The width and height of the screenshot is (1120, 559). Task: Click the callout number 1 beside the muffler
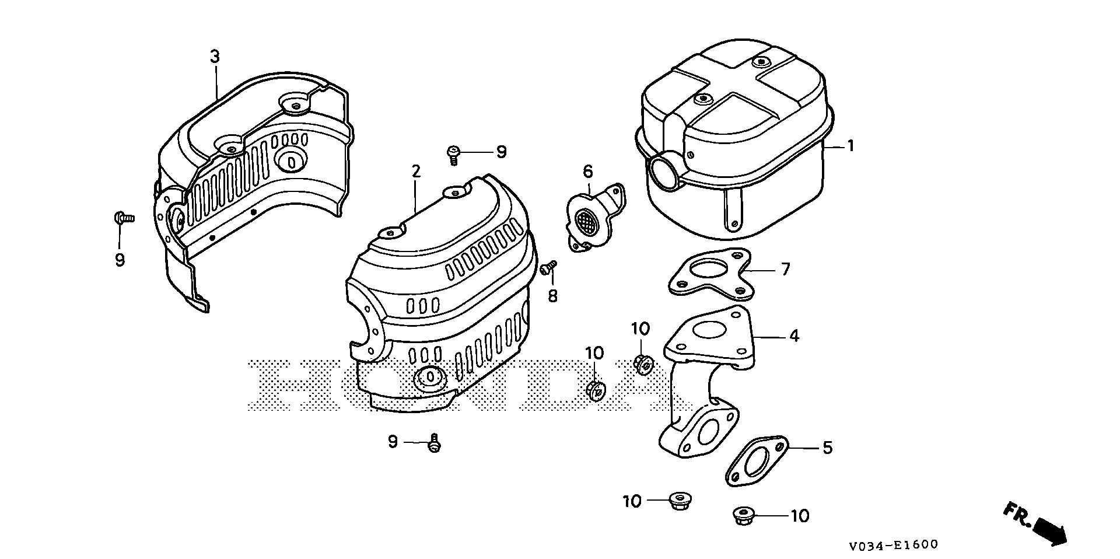tap(850, 146)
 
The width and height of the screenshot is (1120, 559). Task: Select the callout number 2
tap(415, 172)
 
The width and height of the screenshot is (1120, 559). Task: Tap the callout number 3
tap(215, 57)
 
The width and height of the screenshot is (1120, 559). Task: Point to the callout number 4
tap(793, 336)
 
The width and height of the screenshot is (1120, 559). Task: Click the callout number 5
tap(827, 448)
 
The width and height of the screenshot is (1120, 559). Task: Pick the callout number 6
tap(587, 172)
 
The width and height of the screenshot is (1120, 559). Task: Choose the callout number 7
tap(785, 270)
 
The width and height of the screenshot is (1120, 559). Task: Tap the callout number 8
tap(552, 296)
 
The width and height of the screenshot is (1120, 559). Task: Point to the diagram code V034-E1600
tap(893, 545)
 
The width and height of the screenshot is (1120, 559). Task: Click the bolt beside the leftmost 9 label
tap(123, 218)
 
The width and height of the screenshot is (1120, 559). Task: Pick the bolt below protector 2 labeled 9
tap(433, 444)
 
